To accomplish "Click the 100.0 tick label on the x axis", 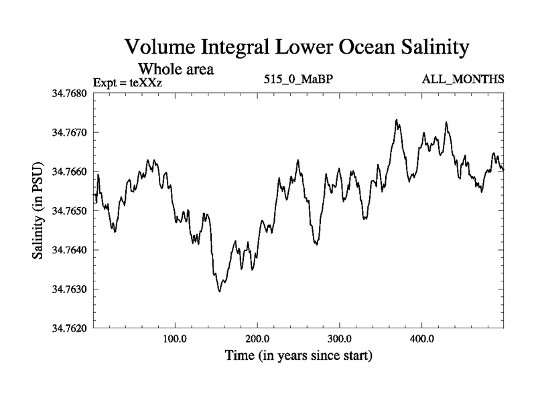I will (x=175, y=339).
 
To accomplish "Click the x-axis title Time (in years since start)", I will (x=298, y=354).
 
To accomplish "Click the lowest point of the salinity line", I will (x=219, y=291).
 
